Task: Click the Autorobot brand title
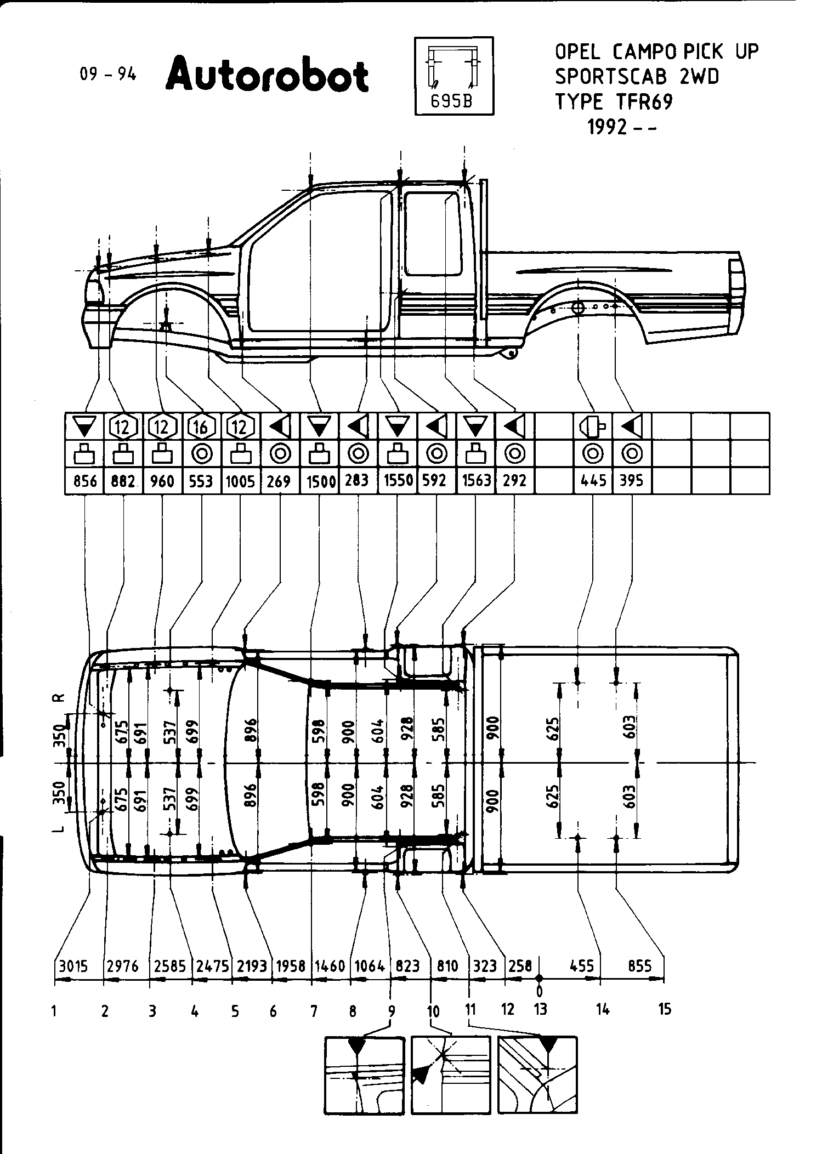click(x=267, y=75)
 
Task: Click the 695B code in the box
click(x=451, y=102)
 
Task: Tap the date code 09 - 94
click(x=108, y=74)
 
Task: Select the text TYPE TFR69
click(x=613, y=102)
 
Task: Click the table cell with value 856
click(x=85, y=481)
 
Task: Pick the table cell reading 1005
click(x=240, y=481)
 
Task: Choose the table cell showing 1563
click(x=475, y=481)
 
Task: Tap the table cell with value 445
click(x=593, y=481)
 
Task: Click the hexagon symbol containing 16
click(x=201, y=426)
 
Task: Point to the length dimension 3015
click(x=73, y=966)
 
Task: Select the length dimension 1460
click(x=330, y=966)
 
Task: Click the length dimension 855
click(x=639, y=966)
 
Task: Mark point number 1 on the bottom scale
click(x=55, y=1010)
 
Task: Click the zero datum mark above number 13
click(x=540, y=978)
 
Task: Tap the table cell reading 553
click(x=201, y=481)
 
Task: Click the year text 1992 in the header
click(x=607, y=127)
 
